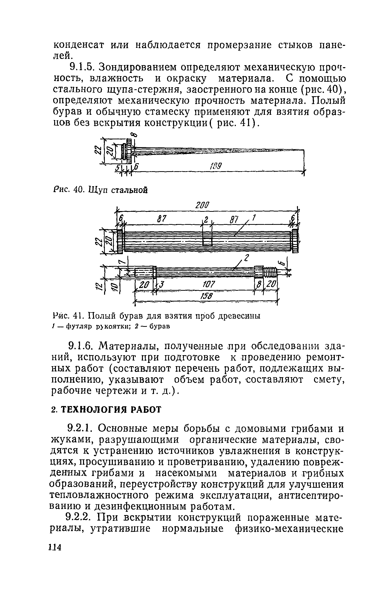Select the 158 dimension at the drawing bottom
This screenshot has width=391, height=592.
(207, 297)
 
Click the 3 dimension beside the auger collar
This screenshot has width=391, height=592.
(162, 284)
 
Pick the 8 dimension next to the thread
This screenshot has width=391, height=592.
(258, 284)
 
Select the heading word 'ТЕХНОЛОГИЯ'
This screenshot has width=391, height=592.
(98, 410)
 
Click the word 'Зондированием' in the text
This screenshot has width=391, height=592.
(138, 67)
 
